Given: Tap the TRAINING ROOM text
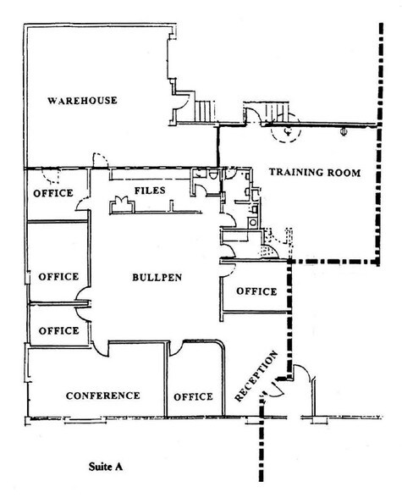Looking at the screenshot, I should [x=314, y=173].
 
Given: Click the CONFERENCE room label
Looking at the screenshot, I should [x=102, y=396].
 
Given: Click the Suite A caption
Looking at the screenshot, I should [x=111, y=465].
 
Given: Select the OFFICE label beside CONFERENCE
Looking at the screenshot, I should [x=193, y=396].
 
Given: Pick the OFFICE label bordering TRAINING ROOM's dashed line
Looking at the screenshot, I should [x=256, y=291].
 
